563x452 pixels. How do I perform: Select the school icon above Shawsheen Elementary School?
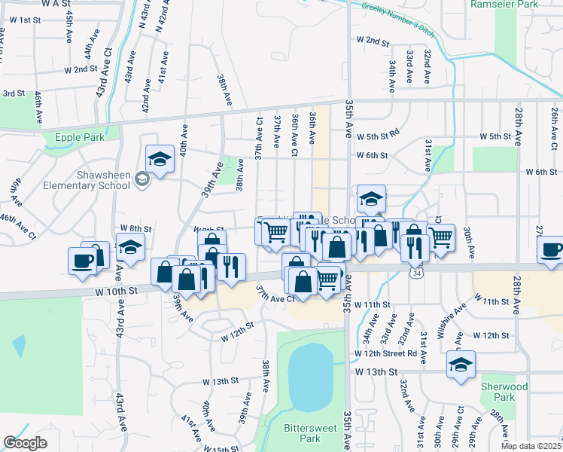(160, 159)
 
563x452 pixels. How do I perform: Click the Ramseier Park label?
(504, 5)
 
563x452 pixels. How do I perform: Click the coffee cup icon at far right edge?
(552, 250)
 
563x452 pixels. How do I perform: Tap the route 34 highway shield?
(417, 273)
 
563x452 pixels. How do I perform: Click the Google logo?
(25, 443)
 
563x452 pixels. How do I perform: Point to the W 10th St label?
(115, 289)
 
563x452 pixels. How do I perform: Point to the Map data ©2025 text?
(531, 446)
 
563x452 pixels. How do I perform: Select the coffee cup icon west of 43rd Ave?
(82, 261)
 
